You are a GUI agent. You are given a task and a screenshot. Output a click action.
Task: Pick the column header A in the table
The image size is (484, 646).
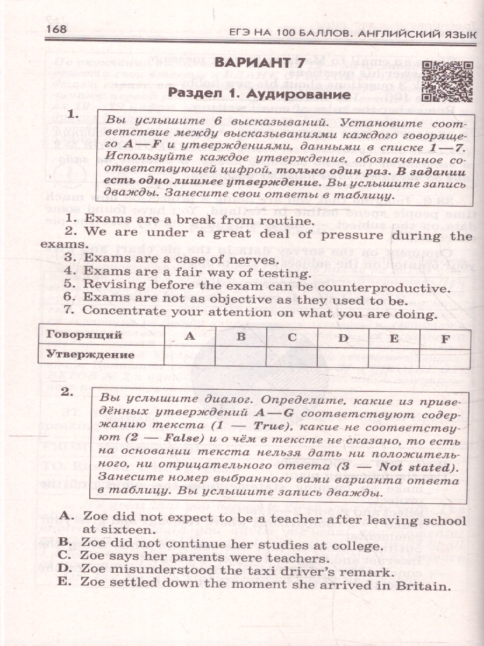point(189,336)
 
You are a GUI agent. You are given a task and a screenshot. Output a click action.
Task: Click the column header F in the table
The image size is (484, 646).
point(444,339)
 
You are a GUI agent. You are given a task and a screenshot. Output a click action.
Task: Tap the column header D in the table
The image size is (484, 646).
point(343,338)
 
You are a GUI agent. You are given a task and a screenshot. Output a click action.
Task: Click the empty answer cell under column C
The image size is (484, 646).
point(291,356)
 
